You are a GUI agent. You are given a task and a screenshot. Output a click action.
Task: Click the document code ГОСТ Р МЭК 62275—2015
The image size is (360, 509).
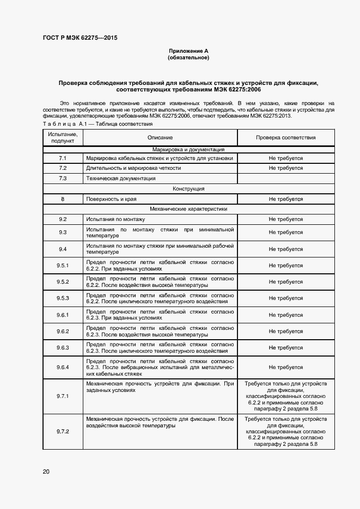80,38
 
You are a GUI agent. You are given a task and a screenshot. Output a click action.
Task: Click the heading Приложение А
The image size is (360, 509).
188,51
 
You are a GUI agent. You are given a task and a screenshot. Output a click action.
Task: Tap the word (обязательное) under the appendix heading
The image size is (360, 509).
188,57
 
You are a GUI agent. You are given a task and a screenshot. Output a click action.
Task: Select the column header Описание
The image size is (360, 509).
160,138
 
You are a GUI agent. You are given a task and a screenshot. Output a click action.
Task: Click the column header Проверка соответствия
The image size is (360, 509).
285,138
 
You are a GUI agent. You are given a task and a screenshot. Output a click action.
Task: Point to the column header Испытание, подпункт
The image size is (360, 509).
63,137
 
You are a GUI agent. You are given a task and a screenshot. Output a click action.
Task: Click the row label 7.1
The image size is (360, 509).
63,158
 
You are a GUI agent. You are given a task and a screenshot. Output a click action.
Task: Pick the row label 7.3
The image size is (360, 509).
63,178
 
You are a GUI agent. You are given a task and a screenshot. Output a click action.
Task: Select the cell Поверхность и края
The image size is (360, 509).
111,199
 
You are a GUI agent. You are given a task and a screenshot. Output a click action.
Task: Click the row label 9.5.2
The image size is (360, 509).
63,282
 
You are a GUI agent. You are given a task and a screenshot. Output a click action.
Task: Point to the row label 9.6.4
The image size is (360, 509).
63,367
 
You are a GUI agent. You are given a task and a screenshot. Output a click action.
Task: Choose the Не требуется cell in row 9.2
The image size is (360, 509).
285,219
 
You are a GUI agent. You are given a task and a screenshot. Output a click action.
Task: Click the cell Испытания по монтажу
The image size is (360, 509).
115,219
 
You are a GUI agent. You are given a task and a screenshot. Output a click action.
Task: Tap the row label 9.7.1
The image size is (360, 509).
63,396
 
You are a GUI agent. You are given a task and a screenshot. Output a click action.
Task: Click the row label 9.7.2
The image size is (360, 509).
63,431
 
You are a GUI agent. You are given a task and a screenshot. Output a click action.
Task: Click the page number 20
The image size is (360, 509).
46,471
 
